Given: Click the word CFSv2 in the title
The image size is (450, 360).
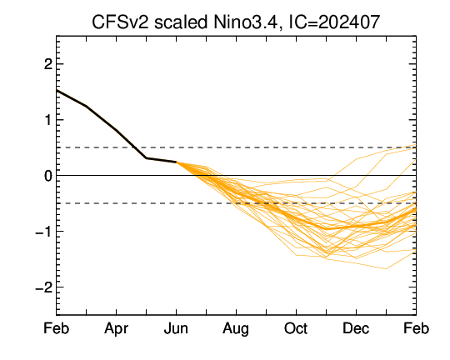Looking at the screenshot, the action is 120,22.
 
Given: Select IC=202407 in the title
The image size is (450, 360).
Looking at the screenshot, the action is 334,22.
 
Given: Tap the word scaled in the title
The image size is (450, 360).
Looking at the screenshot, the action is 181,22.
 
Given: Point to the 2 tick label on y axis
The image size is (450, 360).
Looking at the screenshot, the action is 48,64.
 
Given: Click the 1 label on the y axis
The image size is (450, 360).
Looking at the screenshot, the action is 48,120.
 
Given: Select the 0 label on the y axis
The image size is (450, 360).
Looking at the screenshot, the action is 48,175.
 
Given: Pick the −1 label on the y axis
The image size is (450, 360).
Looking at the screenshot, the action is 43,232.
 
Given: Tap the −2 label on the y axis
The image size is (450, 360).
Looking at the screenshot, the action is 43,287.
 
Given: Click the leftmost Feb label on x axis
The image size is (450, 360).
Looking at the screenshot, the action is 57,328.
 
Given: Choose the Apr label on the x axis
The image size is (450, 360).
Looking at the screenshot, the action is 116,329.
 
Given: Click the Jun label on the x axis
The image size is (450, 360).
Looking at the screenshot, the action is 176,328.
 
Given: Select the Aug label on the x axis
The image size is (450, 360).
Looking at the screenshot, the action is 236,329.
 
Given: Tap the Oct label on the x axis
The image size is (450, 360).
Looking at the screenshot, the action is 296,328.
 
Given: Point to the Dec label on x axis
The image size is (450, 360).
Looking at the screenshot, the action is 356,328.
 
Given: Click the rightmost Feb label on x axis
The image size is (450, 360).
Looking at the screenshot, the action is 416,328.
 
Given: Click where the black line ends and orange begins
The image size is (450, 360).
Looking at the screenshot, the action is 176,162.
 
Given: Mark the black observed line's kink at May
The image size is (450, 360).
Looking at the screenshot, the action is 146,157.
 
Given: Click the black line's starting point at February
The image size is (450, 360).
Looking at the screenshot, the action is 57,91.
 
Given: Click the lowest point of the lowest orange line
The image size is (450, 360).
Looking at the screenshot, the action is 386,269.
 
